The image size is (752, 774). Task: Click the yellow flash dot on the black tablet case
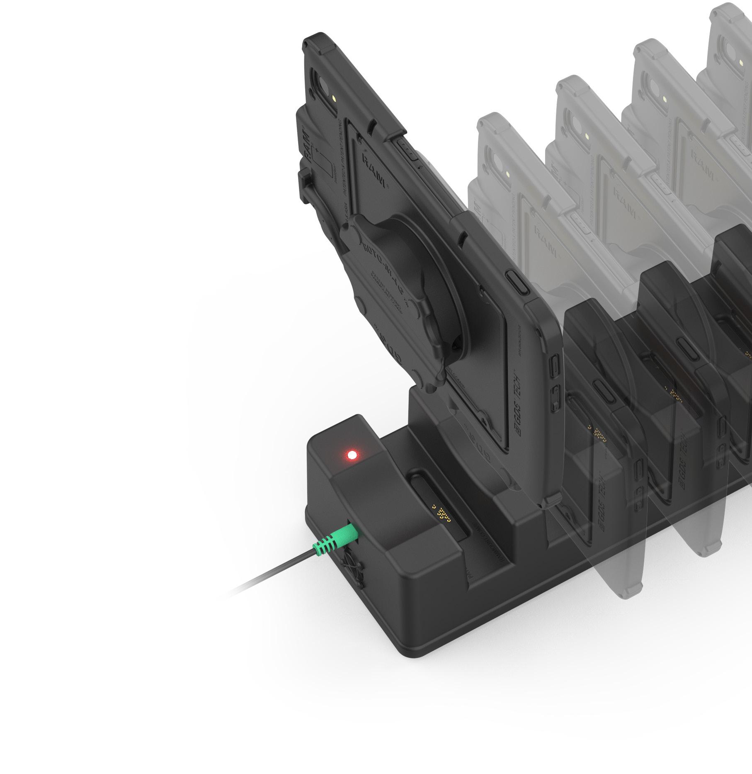[335, 100]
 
